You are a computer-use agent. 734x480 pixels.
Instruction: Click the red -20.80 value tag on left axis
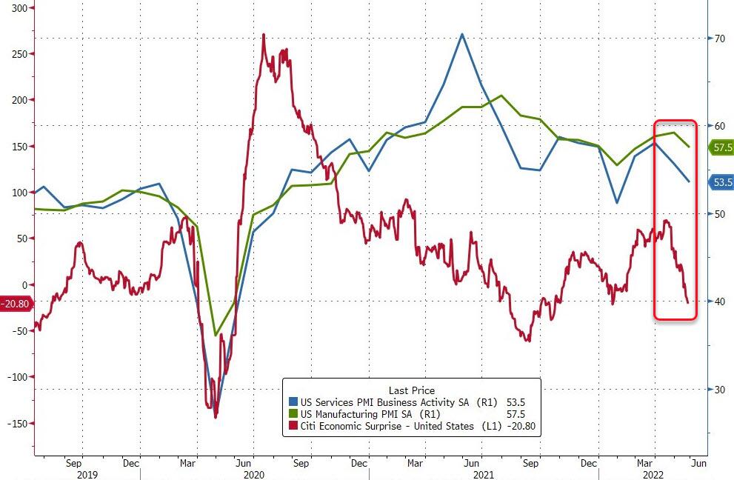(x=14, y=303)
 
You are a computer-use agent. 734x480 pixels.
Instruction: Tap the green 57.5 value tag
(x=721, y=147)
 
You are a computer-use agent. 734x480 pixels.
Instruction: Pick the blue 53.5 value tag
(x=721, y=181)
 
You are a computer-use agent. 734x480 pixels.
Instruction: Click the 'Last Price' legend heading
(x=411, y=390)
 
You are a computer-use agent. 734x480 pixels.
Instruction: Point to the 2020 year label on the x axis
(x=254, y=475)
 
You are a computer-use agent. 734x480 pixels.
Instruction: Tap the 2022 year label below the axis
(x=652, y=475)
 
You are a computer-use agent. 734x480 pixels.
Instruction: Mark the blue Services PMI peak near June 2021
(x=462, y=34)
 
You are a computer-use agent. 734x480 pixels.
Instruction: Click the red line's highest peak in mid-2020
(x=264, y=35)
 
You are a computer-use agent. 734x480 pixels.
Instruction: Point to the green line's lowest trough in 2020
(x=216, y=335)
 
